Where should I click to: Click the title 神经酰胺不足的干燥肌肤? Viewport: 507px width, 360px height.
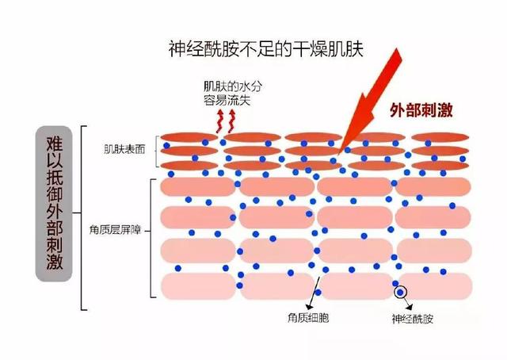266,49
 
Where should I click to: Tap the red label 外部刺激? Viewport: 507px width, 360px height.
421,110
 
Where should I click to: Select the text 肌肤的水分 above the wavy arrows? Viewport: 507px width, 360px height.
233,86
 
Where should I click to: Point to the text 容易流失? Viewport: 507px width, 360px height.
227,101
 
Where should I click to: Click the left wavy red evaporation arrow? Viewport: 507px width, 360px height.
220,121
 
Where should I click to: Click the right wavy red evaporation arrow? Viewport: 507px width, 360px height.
232,121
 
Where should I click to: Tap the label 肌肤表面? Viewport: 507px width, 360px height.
124,149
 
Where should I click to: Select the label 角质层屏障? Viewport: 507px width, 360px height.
115,230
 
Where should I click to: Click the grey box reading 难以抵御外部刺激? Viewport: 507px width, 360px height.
54,204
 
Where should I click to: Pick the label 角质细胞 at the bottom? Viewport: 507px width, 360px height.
308,318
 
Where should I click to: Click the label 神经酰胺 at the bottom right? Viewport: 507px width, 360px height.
412,319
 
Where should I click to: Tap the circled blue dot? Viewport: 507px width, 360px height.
400,293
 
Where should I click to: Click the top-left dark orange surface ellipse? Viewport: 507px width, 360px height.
189,137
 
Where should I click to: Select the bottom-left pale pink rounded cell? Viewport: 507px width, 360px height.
198,286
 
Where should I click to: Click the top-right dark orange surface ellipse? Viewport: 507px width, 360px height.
440,137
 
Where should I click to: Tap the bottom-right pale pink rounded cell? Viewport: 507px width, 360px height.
434,286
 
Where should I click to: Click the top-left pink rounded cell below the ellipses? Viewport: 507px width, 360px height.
197,187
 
